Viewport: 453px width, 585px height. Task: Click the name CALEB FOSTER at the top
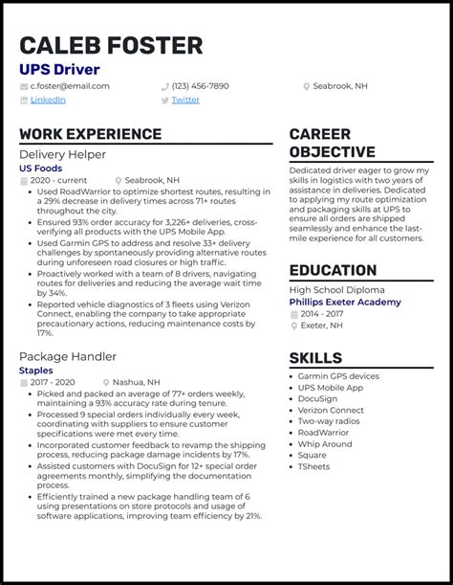(x=111, y=45)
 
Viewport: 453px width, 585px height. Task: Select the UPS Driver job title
(x=59, y=70)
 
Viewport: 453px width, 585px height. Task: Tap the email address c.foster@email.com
(x=70, y=86)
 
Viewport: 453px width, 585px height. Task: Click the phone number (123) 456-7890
(x=201, y=86)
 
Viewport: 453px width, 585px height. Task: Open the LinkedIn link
(x=48, y=100)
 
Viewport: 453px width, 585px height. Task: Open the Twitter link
(x=185, y=100)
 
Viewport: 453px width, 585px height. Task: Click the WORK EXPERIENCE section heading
(x=90, y=134)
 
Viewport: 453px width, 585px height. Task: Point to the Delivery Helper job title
(x=62, y=154)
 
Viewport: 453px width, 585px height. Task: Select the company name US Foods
(x=39, y=168)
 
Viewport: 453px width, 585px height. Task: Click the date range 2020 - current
(x=58, y=180)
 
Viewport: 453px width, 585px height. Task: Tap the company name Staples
(x=35, y=370)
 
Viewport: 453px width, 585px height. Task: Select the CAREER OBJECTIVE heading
(x=333, y=143)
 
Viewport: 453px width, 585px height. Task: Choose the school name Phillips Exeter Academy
(x=345, y=302)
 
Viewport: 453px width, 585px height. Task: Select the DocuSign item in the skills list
(x=317, y=398)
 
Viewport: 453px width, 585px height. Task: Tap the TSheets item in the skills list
(x=314, y=466)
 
